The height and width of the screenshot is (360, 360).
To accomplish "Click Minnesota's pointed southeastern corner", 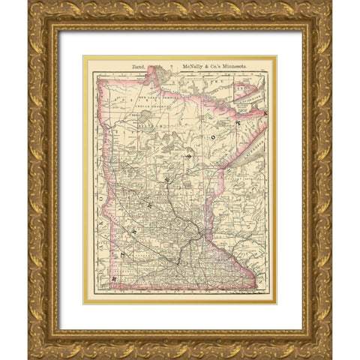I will (256, 288).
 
